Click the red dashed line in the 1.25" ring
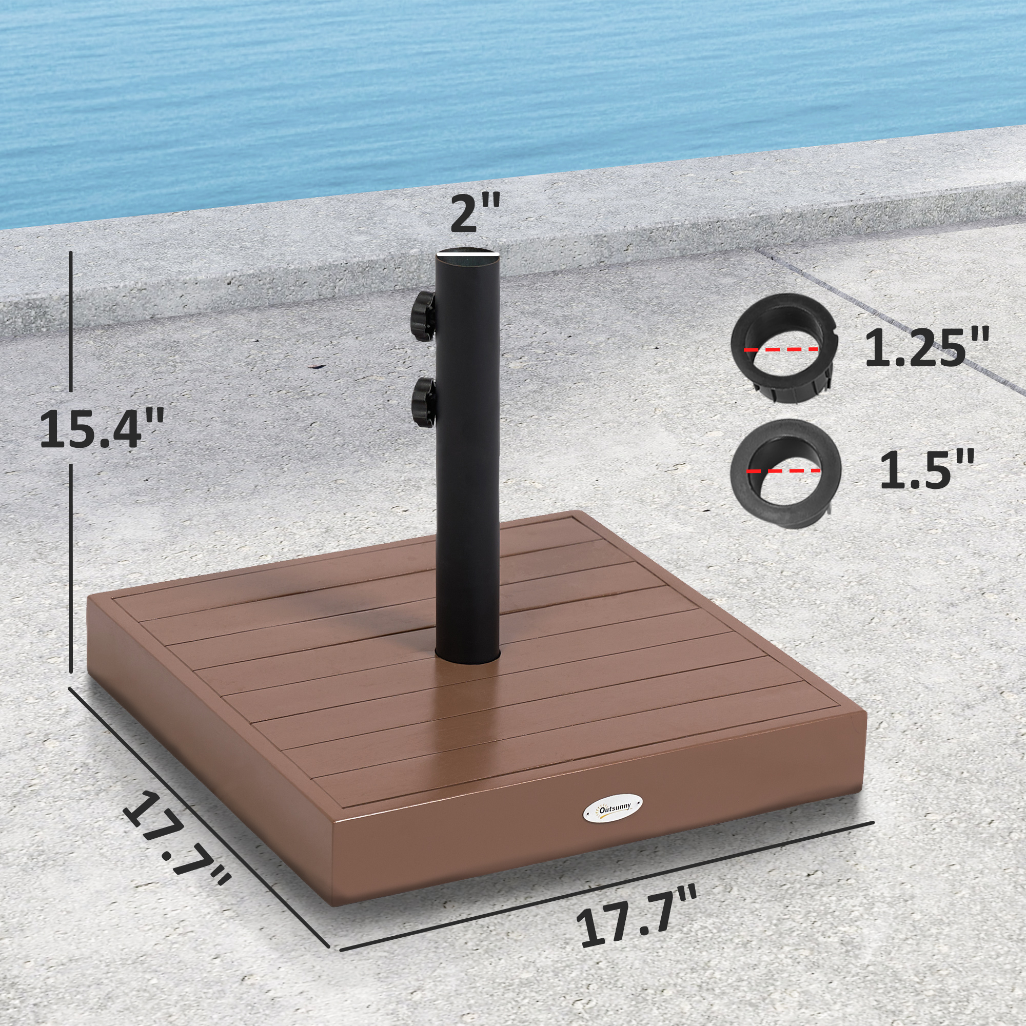click(x=781, y=349)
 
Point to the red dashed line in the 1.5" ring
click(x=784, y=470)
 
